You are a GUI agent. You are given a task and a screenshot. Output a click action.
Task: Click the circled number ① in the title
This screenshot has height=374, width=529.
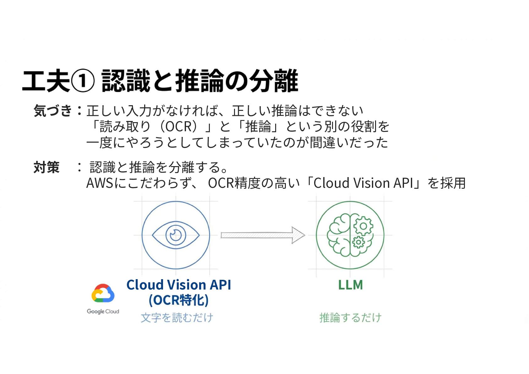coord(83,81)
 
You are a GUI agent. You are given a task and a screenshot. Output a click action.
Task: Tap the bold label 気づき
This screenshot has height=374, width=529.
coord(53,111)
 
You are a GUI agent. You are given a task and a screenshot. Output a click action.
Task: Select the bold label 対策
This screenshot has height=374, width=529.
coord(46,167)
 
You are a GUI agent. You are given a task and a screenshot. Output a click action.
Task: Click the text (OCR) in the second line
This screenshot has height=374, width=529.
coord(179,127)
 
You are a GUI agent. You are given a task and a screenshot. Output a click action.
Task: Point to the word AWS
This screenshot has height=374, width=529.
coord(100,183)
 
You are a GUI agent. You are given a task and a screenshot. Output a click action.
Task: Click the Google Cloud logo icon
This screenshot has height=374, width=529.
coord(103,293)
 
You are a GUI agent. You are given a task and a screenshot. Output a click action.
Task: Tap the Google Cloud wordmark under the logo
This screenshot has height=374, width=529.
coord(103,312)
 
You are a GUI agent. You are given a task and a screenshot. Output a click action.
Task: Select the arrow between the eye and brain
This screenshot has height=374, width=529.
coord(262,235)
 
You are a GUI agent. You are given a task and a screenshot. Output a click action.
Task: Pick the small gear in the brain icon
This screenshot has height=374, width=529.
coord(358,242)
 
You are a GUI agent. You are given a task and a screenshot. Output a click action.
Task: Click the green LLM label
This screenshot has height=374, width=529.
coord(350,285)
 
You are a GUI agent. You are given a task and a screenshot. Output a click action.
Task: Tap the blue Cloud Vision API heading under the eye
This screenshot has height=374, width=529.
coord(178,285)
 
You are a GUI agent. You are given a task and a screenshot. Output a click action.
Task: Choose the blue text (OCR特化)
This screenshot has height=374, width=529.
coord(178,300)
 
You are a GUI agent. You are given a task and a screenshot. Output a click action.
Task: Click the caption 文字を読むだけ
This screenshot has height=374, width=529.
coord(177,318)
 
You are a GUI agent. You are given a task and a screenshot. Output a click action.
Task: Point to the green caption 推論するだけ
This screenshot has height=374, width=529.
coord(350,318)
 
